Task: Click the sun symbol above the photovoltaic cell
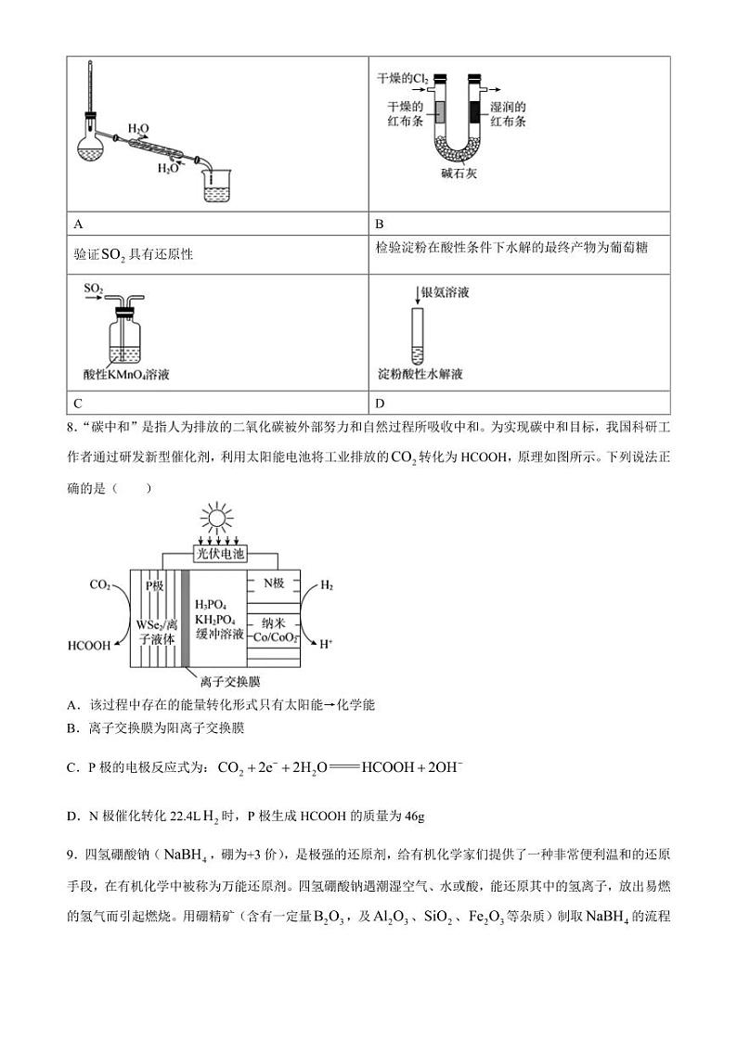218,518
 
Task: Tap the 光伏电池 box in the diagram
218,553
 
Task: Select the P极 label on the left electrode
154,585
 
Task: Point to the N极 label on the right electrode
273,584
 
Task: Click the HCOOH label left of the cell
89,645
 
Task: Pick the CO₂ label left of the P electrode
100,585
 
